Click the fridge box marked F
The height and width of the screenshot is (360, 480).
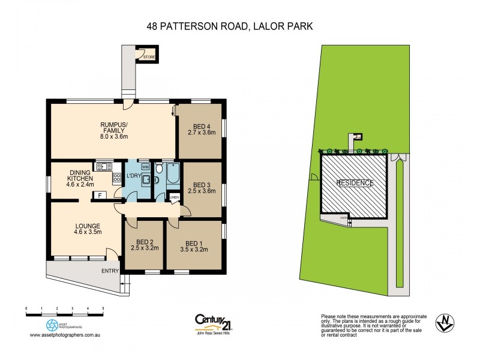point(100,195)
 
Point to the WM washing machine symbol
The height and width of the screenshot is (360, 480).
point(145,166)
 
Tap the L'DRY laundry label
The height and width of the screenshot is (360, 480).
point(134,176)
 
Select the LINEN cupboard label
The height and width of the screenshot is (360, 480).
point(174,197)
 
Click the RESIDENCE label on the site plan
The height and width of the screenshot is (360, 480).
point(355,183)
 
